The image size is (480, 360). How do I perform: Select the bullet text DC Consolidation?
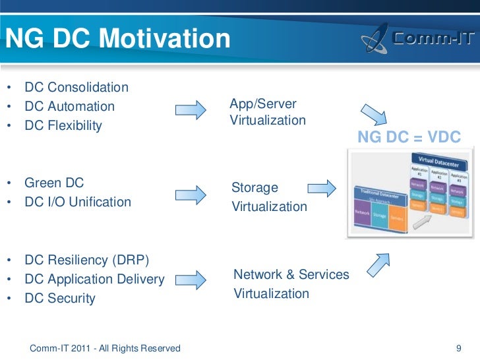76,87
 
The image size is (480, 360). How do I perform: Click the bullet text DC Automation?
69,106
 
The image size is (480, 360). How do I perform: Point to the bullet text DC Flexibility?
63,125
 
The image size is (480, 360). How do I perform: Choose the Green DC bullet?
54,183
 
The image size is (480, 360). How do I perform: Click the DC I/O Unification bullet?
78,202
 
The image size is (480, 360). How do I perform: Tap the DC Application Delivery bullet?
94,279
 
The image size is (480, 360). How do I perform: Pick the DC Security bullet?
60,298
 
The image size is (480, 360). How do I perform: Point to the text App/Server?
263,104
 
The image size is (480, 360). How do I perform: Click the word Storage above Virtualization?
255,188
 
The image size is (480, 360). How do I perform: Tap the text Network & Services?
291,274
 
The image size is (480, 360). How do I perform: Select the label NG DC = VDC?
409,137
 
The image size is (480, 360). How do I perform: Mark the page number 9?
459,347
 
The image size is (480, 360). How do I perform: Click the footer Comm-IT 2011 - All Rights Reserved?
105,347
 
